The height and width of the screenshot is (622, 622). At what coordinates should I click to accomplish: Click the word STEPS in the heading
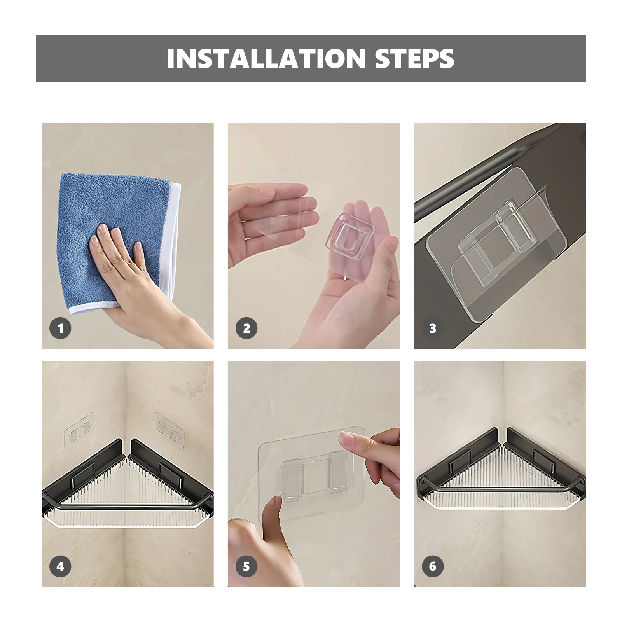tap(414, 58)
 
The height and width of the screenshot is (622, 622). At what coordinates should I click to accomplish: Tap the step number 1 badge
tap(60, 328)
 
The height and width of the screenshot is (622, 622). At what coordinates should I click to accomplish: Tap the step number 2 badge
tap(246, 328)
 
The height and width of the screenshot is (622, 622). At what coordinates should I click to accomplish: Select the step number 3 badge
tap(433, 328)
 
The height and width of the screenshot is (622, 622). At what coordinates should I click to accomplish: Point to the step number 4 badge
tap(60, 566)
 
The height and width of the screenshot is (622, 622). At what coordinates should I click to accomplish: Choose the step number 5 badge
tap(246, 566)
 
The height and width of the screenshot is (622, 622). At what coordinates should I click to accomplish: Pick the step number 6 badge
tap(433, 566)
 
